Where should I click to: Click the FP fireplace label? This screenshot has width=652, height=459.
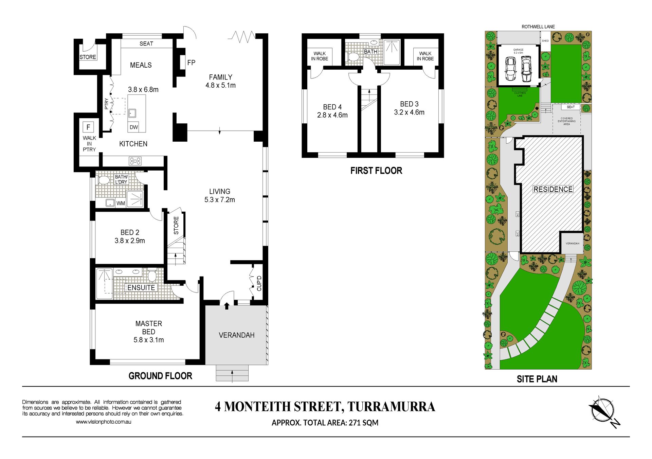[191, 63]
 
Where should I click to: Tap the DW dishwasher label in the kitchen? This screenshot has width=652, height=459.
[134, 127]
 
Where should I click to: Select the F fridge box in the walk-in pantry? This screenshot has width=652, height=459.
[88, 127]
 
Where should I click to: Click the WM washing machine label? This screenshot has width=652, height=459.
[121, 203]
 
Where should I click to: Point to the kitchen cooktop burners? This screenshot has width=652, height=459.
[135, 161]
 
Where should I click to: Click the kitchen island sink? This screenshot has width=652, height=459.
[132, 113]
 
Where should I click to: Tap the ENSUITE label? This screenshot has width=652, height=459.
[141, 288]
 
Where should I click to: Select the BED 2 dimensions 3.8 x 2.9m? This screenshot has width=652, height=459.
[130, 241]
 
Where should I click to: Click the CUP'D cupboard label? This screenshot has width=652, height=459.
[259, 283]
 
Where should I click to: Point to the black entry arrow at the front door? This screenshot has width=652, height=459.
[227, 306]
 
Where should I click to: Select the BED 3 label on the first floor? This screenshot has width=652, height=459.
[409, 104]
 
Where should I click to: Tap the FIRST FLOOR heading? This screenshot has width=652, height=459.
[376, 171]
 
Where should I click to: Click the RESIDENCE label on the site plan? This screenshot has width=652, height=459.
[553, 189]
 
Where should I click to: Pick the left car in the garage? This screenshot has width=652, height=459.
[510, 69]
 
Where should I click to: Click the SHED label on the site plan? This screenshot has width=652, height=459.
[545, 41]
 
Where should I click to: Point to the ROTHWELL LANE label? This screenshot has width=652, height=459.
[538, 27]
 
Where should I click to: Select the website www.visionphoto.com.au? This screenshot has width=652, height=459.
[104, 422]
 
